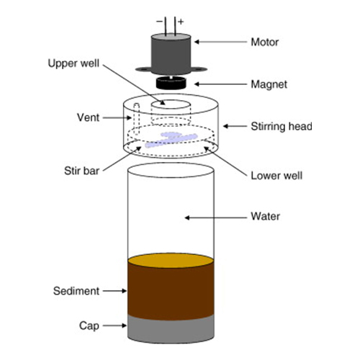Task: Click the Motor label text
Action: (x=264, y=42)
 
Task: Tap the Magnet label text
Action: (x=266, y=84)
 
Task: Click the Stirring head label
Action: (x=276, y=127)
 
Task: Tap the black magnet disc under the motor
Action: (x=172, y=84)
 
